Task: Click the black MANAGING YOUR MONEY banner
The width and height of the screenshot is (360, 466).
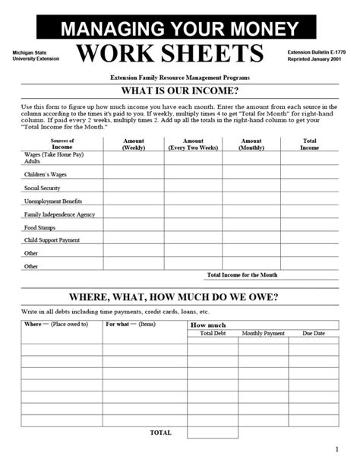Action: tap(179, 29)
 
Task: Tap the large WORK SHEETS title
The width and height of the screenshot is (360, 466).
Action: tap(170, 55)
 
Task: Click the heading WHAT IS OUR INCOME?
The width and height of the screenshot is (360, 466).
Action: tap(180, 92)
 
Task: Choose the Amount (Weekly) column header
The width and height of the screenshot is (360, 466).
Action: tap(134, 144)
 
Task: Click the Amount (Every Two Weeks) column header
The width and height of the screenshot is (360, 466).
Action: tap(193, 144)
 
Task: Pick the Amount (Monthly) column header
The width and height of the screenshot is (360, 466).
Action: tap(251, 144)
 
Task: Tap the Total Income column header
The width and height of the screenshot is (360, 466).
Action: tap(310, 144)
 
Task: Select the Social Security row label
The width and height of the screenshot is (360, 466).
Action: tap(43, 188)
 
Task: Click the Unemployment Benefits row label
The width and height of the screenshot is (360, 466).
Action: tap(53, 201)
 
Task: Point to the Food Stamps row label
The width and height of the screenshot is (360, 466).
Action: tap(41, 227)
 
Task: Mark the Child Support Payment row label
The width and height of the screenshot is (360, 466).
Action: tap(52, 240)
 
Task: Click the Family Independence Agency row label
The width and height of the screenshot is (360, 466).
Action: tap(59, 214)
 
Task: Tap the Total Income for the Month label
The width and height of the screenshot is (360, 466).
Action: tap(242, 274)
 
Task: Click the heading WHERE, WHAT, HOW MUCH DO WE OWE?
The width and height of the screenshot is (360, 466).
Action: tap(179, 296)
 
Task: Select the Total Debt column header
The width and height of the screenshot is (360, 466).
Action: tap(213, 334)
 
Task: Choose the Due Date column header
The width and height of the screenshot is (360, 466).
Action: tap(313, 334)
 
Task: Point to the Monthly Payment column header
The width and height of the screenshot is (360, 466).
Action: tap(263, 334)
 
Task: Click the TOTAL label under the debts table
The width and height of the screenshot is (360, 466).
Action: tap(161, 433)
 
